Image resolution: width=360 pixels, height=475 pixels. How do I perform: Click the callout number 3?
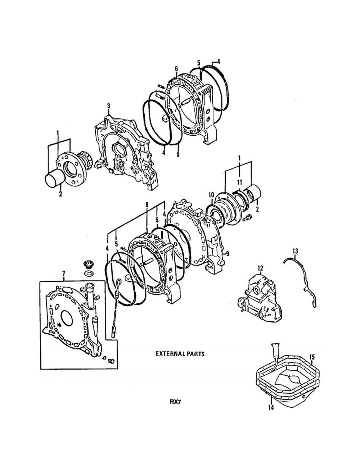[108, 106]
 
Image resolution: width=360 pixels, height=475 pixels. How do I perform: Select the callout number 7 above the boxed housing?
[64, 273]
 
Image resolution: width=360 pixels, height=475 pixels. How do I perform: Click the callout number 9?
[227, 254]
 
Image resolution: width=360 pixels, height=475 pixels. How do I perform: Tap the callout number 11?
[239, 182]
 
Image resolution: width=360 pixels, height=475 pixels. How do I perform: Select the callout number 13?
[295, 251]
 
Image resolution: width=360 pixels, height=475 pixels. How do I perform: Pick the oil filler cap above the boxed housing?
[87, 264]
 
